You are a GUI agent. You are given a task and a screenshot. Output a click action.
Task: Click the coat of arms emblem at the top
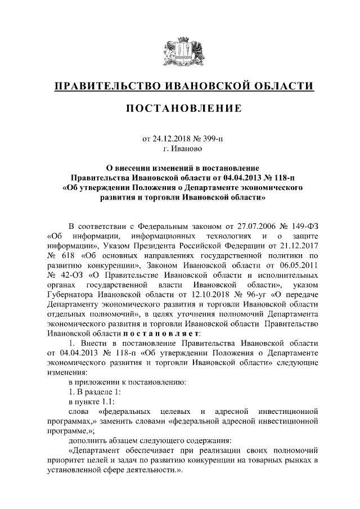coord(180,51)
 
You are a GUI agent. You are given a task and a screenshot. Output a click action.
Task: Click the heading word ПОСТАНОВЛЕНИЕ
coord(180,108)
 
